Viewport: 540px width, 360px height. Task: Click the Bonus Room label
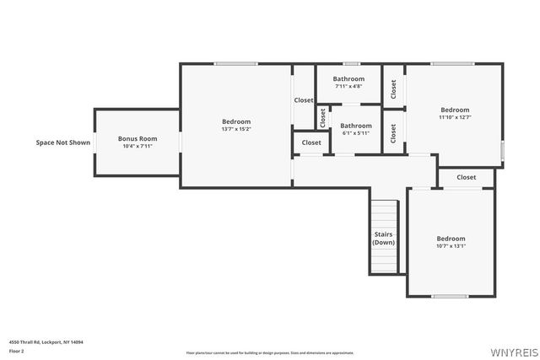click(x=137, y=138)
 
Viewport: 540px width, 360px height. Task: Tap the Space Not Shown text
click(x=62, y=142)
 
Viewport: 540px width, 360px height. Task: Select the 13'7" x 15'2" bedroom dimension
click(x=236, y=129)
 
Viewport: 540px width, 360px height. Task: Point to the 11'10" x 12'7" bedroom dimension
click(x=455, y=117)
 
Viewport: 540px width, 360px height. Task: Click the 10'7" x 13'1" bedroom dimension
click(x=451, y=246)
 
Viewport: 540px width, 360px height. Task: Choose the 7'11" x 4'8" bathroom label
click(x=348, y=86)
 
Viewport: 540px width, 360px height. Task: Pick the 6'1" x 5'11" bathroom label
click(x=355, y=133)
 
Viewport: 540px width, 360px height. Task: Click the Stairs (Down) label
click(x=384, y=238)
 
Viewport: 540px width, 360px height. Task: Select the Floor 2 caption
click(x=17, y=351)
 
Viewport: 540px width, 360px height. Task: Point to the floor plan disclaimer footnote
click(x=270, y=352)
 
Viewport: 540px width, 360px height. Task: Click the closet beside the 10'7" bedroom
click(x=467, y=177)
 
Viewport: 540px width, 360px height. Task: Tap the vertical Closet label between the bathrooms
click(x=322, y=118)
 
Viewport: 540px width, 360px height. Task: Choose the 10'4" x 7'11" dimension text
click(x=137, y=147)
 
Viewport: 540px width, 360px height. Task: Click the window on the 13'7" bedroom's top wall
click(x=235, y=64)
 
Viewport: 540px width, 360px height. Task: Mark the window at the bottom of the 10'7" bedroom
click(x=450, y=296)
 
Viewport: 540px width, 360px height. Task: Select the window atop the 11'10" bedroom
click(x=451, y=64)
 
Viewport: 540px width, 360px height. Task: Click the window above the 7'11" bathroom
click(x=351, y=64)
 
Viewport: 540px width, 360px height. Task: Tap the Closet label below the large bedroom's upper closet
click(x=311, y=142)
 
